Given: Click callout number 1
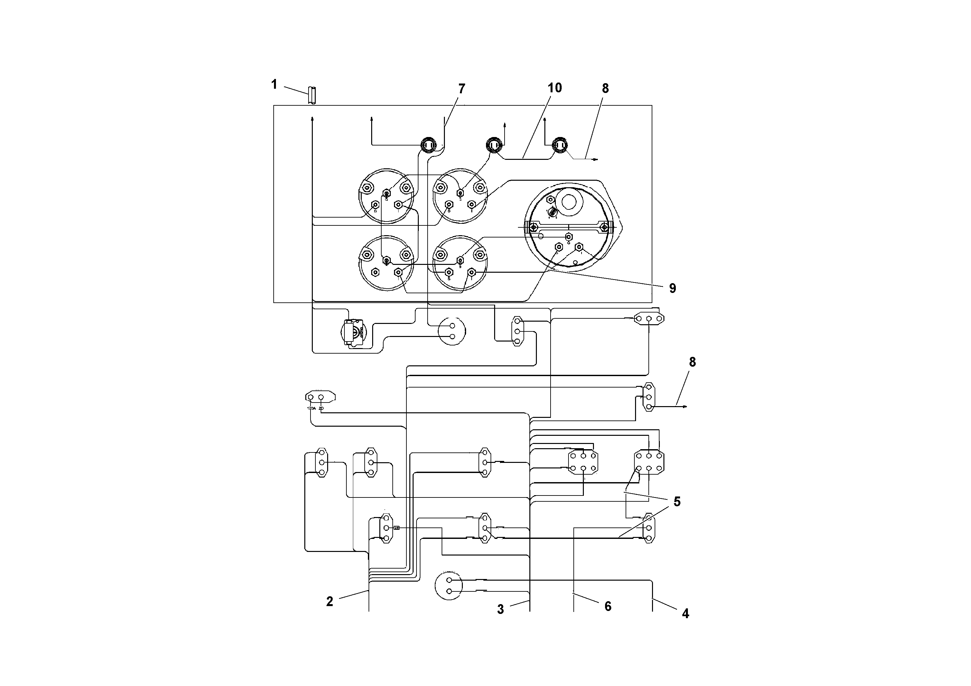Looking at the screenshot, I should click(274, 84).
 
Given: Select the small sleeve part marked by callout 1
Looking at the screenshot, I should click(312, 95).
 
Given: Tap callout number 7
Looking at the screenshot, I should click(462, 89).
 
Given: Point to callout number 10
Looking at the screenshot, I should click(554, 88).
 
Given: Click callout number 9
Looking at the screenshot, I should click(672, 288).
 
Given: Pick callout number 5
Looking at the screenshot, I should click(677, 502).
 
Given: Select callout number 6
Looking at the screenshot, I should click(608, 606).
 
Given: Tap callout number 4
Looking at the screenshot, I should click(685, 613).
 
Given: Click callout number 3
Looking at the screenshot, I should click(500, 609).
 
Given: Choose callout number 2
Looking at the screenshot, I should click(329, 602).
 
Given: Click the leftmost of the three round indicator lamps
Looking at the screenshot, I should click(428, 145).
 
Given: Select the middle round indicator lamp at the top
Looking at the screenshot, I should click(493, 145).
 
